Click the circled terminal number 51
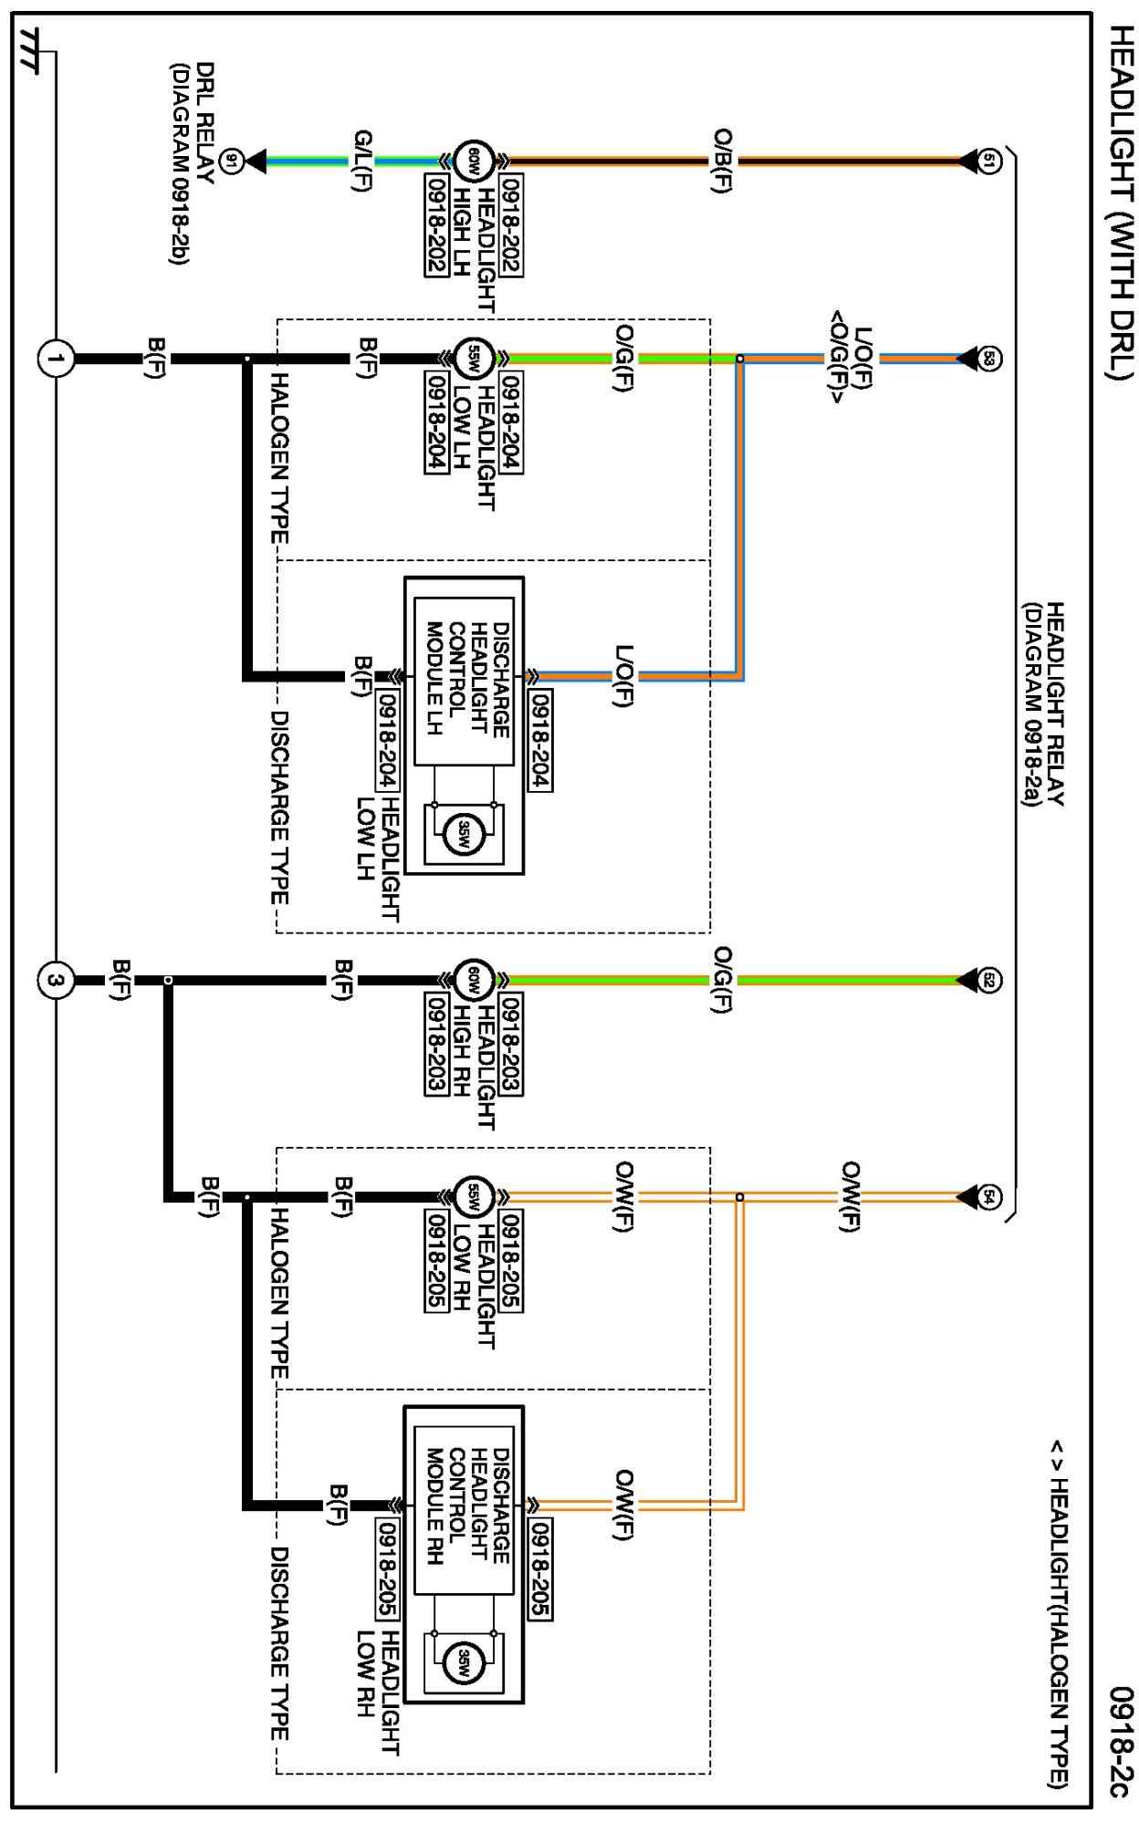coord(990,161)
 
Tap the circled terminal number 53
coord(990,359)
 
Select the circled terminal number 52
coord(990,980)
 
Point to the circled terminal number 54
coord(990,1196)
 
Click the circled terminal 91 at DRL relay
coord(232,161)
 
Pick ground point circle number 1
coord(56,359)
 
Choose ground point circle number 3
coord(56,980)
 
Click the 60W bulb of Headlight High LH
coord(474,161)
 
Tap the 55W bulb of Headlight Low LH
coord(474,359)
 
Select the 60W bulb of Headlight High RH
coord(474,980)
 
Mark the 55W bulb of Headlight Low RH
coord(474,1196)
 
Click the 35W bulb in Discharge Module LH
coord(464,833)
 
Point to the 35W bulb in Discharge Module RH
coord(464,1662)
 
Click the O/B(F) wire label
coord(723,161)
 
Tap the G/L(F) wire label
coord(362,161)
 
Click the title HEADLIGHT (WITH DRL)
coord(1120,201)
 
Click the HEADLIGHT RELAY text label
coord(1054,703)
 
